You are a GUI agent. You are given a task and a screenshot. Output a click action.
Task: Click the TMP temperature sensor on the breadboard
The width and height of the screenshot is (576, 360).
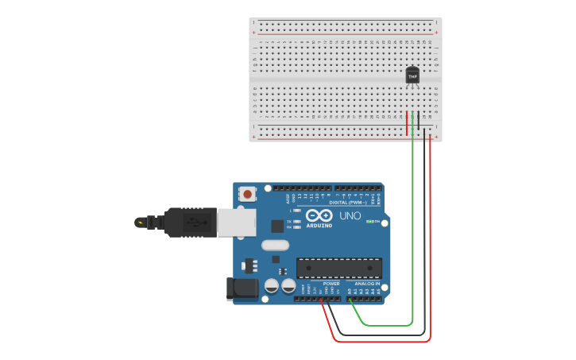click(x=412, y=75)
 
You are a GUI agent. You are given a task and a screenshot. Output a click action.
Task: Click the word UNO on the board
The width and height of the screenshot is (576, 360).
click(x=350, y=215)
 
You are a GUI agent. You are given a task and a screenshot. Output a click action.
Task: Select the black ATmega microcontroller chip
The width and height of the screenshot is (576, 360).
click(x=339, y=268)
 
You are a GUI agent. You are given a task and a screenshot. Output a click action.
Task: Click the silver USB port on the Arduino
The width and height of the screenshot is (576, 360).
click(x=238, y=223)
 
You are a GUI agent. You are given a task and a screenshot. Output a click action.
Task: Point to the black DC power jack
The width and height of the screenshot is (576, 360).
click(x=243, y=288)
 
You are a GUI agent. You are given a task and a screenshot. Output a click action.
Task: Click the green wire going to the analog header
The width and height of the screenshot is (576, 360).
click(x=412, y=238)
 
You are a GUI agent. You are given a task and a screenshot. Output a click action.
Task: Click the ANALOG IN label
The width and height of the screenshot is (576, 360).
click(x=367, y=284)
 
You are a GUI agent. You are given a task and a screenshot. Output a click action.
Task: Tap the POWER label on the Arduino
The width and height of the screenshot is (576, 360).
click(x=331, y=284)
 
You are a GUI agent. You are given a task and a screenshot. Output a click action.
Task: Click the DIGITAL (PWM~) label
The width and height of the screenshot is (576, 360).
click(x=350, y=202)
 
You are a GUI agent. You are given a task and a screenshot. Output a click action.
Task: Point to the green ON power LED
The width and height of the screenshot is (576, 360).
click(x=369, y=221)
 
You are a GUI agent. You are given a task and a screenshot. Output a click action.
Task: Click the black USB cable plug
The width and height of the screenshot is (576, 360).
click(x=190, y=223)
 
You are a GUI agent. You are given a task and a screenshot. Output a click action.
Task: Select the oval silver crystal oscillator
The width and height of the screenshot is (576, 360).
click(x=274, y=245)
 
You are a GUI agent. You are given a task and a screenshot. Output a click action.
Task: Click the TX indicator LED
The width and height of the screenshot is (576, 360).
click(x=296, y=221)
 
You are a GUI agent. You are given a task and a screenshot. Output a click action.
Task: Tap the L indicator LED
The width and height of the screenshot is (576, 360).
click(x=296, y=211)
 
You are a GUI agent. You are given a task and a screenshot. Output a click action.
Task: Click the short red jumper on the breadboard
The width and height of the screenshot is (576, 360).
click(x=407, y=123)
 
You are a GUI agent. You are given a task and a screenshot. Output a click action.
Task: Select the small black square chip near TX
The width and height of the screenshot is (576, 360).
click(x=276, y=226)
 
